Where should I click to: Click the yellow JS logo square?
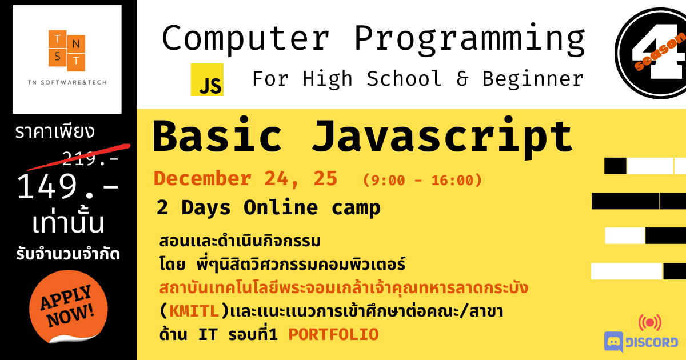(207, 79)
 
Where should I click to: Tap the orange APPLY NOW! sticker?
(68, 307)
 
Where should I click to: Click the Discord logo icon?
(613, 342)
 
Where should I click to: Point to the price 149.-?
(68, 186)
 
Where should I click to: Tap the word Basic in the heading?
(217, 135)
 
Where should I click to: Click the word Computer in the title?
(246, 39)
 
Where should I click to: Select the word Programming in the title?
(470, 39)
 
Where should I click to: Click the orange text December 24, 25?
(245, 178)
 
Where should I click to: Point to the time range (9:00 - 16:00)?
(422, 180)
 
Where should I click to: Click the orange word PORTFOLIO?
(333, 334)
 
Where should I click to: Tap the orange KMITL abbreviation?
(194, 311)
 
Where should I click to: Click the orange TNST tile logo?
(67, 50)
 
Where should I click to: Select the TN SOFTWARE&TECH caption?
(67, 82)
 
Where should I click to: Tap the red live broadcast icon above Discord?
(650, 323)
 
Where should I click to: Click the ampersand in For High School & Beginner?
(462, 79)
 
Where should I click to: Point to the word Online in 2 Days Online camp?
(281, 207)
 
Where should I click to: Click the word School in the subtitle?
(404, 78)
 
